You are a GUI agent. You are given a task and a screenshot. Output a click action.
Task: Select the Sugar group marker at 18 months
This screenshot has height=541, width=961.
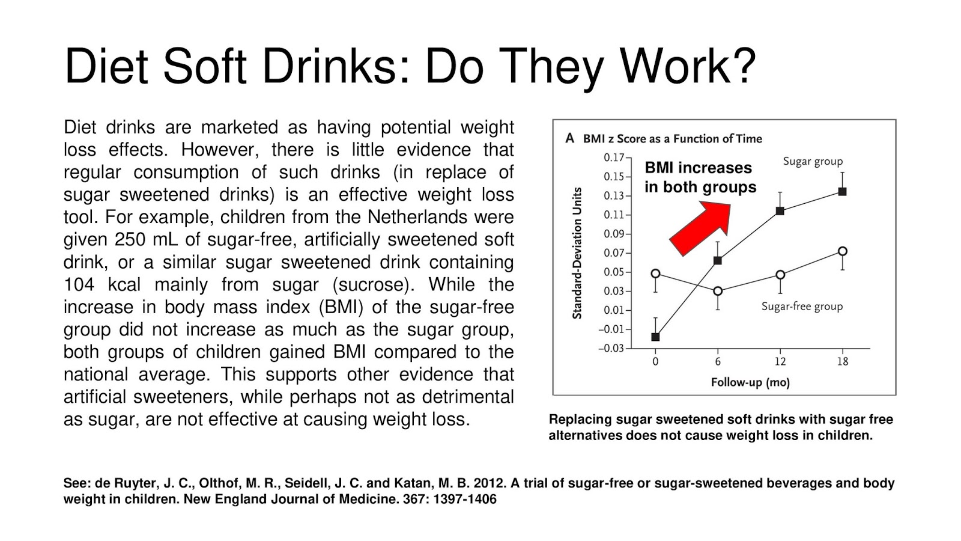[842, 192]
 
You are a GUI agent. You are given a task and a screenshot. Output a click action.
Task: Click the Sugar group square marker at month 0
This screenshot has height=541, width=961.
[655, 337]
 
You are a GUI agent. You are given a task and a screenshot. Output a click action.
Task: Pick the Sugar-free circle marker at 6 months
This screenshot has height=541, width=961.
[718, 291]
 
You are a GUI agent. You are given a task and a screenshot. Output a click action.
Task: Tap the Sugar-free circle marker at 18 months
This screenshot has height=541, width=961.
[843, 251]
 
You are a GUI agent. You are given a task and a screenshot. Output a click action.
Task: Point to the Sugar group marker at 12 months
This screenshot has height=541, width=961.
[780, 211]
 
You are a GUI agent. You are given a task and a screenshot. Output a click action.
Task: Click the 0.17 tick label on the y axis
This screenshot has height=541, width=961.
[613, 157]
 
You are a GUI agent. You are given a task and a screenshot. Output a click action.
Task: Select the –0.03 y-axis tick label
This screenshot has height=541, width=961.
[611, 349]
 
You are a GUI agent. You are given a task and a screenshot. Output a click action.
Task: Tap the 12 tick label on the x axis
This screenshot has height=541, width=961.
[780, 361]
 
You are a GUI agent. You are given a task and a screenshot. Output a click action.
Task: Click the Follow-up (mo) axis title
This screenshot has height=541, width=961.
[750, 382]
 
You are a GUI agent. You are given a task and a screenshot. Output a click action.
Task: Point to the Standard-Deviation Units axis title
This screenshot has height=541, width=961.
[577, 253]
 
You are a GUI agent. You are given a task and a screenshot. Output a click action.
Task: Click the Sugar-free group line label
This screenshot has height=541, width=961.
[802, 307]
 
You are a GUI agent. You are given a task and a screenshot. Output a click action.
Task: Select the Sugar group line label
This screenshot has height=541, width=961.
[813, 161]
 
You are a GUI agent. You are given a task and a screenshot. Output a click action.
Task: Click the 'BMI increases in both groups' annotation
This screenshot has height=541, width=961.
[700, 177]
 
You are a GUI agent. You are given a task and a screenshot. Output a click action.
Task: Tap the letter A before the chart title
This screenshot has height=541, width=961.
[569, 138]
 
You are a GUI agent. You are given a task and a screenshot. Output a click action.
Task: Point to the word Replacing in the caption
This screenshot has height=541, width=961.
[580, 420]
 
